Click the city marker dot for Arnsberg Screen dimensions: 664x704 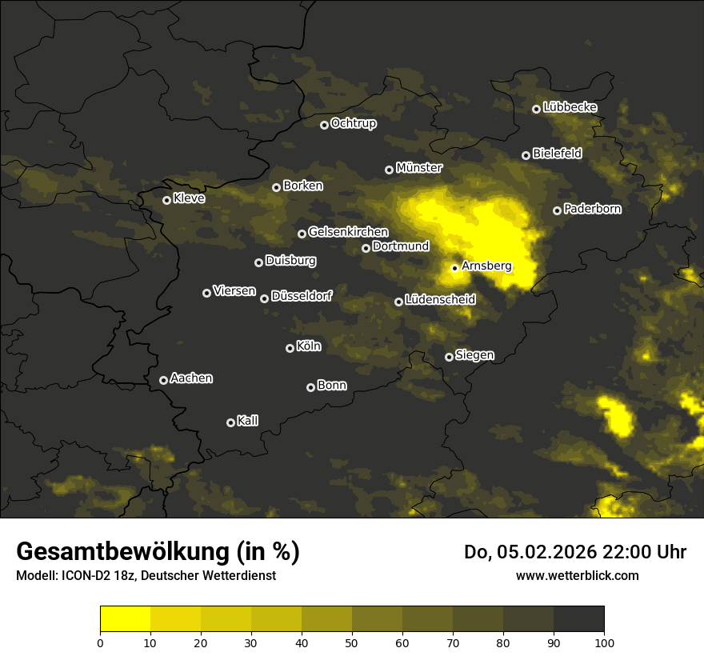tap(454, 268)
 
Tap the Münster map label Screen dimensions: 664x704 tap(418, 168)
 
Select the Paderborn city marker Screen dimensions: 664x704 tap(557, 210)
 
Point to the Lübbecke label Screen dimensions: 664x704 tap(570, 107)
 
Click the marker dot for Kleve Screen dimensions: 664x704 tap(166, 200)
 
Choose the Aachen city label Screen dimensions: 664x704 tap(191, 378)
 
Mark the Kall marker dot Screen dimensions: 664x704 tap(230, 422)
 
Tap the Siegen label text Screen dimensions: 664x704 tap(474, 355)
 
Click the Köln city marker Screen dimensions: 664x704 tap(290, 348)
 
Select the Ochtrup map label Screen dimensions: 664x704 tap(353, 123)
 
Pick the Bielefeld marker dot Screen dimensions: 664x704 tap(526, 155)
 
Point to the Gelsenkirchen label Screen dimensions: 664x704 tap(348, 232)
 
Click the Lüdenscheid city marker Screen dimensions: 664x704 tap(398, 302)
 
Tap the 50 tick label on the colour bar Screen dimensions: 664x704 tap(352, 642)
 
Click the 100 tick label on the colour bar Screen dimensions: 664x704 tap(604, 642)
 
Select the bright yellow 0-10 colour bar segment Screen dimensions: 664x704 tap(125, 619)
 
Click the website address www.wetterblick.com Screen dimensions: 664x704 tap(577, 575)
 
